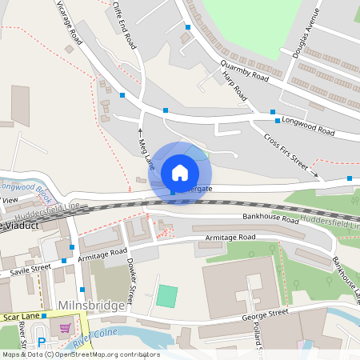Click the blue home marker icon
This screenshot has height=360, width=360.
[x=180, y=172]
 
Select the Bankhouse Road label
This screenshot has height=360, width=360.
[x=270, y=218]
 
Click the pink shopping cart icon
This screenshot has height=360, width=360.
[x=65, y=328]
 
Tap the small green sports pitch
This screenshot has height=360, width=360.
[x=166, y=295]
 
